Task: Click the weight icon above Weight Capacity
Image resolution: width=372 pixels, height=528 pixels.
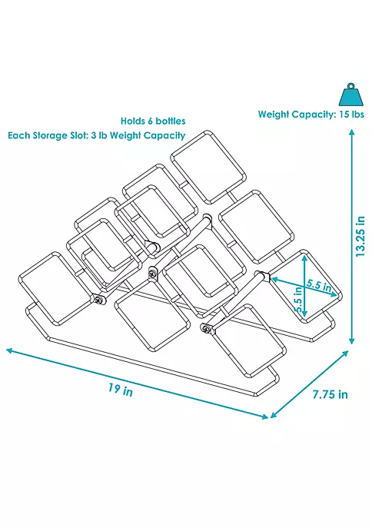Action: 350,95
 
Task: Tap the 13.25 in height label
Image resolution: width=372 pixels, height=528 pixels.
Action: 360,237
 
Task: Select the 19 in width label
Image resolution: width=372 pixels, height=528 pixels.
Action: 121,390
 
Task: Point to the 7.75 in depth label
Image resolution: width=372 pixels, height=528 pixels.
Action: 330,394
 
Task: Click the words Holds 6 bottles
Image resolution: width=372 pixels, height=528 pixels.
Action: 153,121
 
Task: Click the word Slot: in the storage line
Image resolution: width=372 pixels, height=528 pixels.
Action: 78,135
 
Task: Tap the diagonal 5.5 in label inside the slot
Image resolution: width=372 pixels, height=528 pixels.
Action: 318,286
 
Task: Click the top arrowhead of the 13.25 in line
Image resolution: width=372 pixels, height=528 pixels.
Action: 352,132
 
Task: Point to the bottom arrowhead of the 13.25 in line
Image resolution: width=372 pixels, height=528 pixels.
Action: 352,341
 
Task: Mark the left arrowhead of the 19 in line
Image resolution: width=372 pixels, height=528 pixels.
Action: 9,350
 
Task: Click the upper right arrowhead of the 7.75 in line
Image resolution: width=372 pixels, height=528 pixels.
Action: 345,354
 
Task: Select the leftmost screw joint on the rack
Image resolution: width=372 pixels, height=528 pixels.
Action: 98,300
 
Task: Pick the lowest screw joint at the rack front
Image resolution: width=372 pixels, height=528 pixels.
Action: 205,329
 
